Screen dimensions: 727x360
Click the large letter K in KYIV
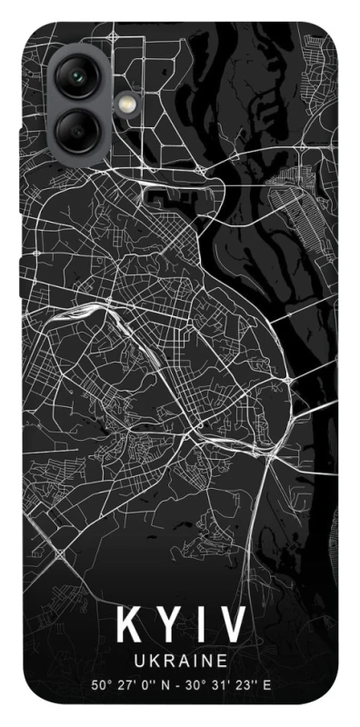coord(130,626)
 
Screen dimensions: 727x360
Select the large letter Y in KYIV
coord(172,626)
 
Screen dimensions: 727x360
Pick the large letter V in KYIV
coord(234,626)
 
